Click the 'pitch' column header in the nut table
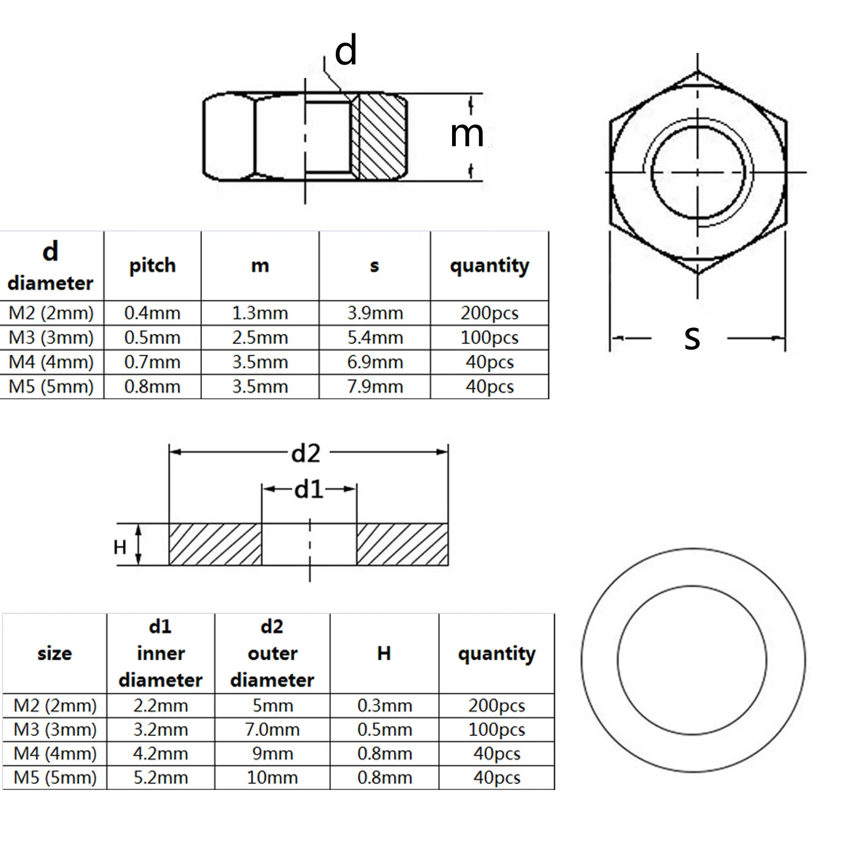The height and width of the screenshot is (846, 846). (x=152, y=265)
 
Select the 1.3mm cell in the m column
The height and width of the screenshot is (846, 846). (x=260, y=313)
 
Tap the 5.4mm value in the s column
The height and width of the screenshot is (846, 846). (x=375, y=337)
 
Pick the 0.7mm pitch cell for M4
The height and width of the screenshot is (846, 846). (x=152, y=362)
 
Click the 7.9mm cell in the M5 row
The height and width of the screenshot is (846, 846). (x=375, y=387)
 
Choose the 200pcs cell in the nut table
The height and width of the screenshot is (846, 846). (x=489, y=313)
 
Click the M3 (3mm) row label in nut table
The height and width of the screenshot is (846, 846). (x=51, y=337)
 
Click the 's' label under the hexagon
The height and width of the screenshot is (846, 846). (x=692, y=338)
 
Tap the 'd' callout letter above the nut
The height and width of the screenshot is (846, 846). (x=346, y=51)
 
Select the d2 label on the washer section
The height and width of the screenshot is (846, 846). (x=306, y=454)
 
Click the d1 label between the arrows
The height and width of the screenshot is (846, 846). (x=309, y=490)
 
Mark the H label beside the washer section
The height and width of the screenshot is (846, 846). (x=120, y=547)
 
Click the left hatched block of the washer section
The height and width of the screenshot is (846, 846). (x=215, y=545)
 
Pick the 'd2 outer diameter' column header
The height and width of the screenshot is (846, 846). (x=272, y=653)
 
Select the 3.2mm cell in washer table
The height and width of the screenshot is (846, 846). (x=161, y=730)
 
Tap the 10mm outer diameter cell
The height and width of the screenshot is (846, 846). (x=272, y=778)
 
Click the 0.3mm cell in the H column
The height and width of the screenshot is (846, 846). (x=384, y=705)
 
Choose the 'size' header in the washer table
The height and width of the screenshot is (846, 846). (x=54, y=654)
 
